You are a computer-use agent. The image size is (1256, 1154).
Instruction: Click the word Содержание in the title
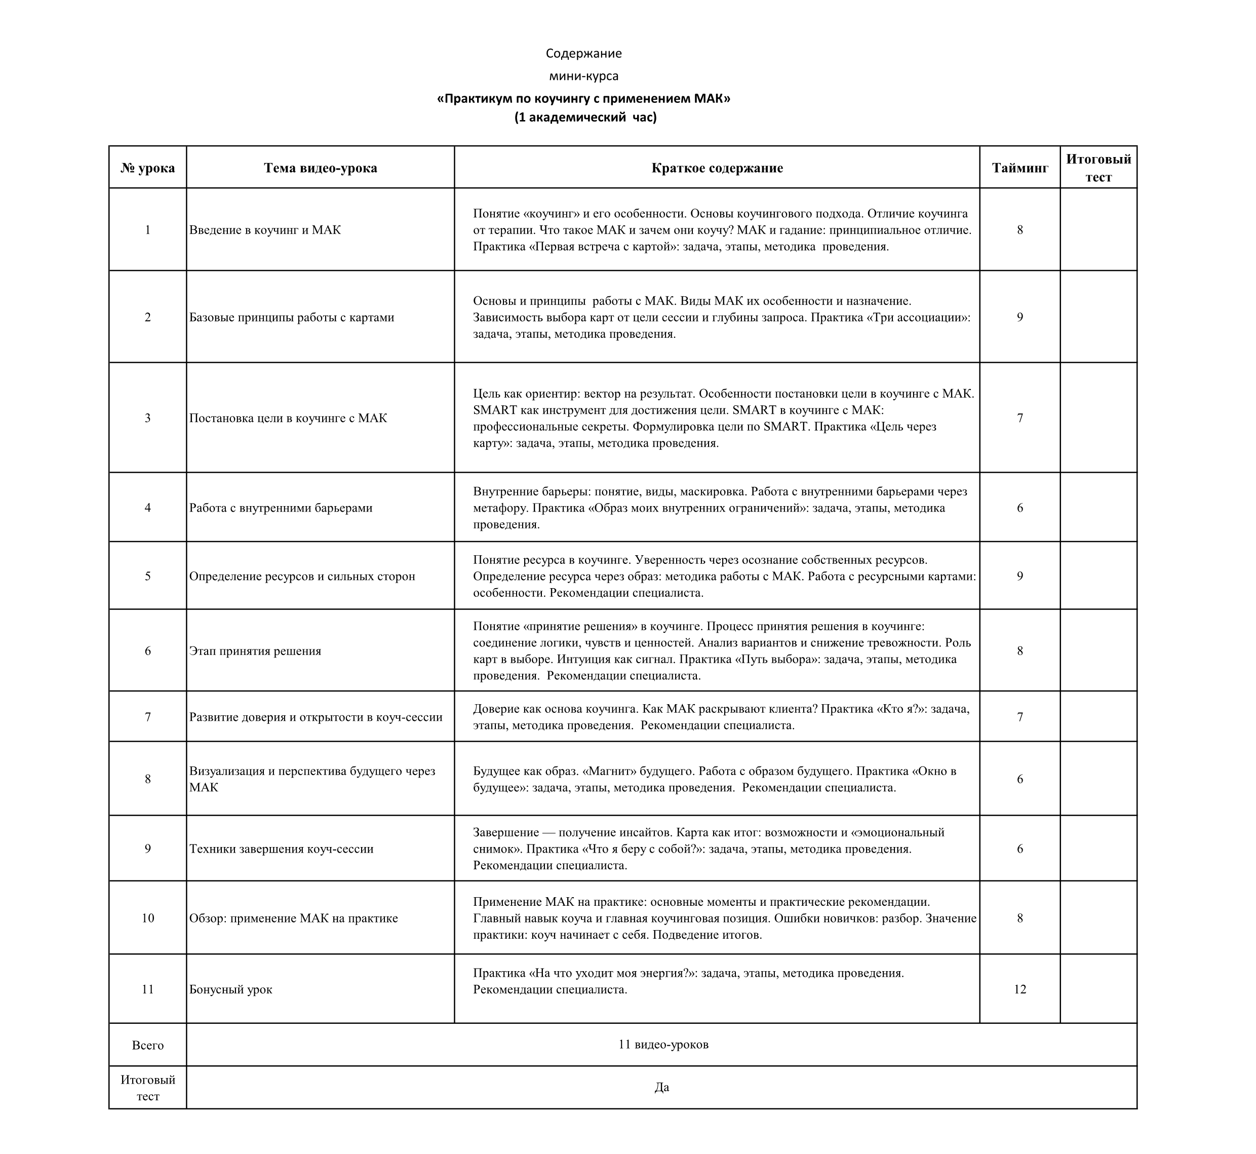(x=583, y=53)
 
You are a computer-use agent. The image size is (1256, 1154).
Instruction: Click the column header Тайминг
(x=1019, y=167)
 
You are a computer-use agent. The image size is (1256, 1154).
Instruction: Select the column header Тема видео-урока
(x=320, y=167)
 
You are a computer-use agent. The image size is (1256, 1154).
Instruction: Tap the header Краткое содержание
(x=717, y=167)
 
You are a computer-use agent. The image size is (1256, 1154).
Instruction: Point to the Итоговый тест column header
(x=1098, y=167)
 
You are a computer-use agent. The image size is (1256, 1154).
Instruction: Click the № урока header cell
(x=147, y=167)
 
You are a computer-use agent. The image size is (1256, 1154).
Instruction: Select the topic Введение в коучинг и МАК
(x=265, y=230)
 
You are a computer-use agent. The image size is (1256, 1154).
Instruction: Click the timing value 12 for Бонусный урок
(x=1019, y=989)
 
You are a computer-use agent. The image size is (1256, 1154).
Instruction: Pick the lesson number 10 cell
(x=147, y=918)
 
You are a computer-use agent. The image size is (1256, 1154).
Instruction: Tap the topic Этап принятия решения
(x=255, y=650)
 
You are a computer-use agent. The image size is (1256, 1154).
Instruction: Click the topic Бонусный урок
(x=231, y=989)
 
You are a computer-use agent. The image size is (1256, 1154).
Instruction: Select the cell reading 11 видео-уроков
(x=663, y=1044)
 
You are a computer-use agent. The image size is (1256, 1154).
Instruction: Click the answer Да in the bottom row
(x=662, y=1087)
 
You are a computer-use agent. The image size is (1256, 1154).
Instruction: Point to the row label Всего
(x=147, y=1045)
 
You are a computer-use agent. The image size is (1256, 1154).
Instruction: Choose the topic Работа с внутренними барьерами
(x=281, y=508)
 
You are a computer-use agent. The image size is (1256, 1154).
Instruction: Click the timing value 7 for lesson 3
(x=1019, y=418)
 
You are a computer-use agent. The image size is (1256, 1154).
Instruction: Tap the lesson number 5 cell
(x=147, y=576)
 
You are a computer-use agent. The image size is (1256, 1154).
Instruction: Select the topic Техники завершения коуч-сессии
(x=282, y=849)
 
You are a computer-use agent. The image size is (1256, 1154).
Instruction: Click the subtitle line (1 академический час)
(x=585, y=117)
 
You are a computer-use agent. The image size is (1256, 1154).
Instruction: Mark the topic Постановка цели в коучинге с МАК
(x=288, y=418)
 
